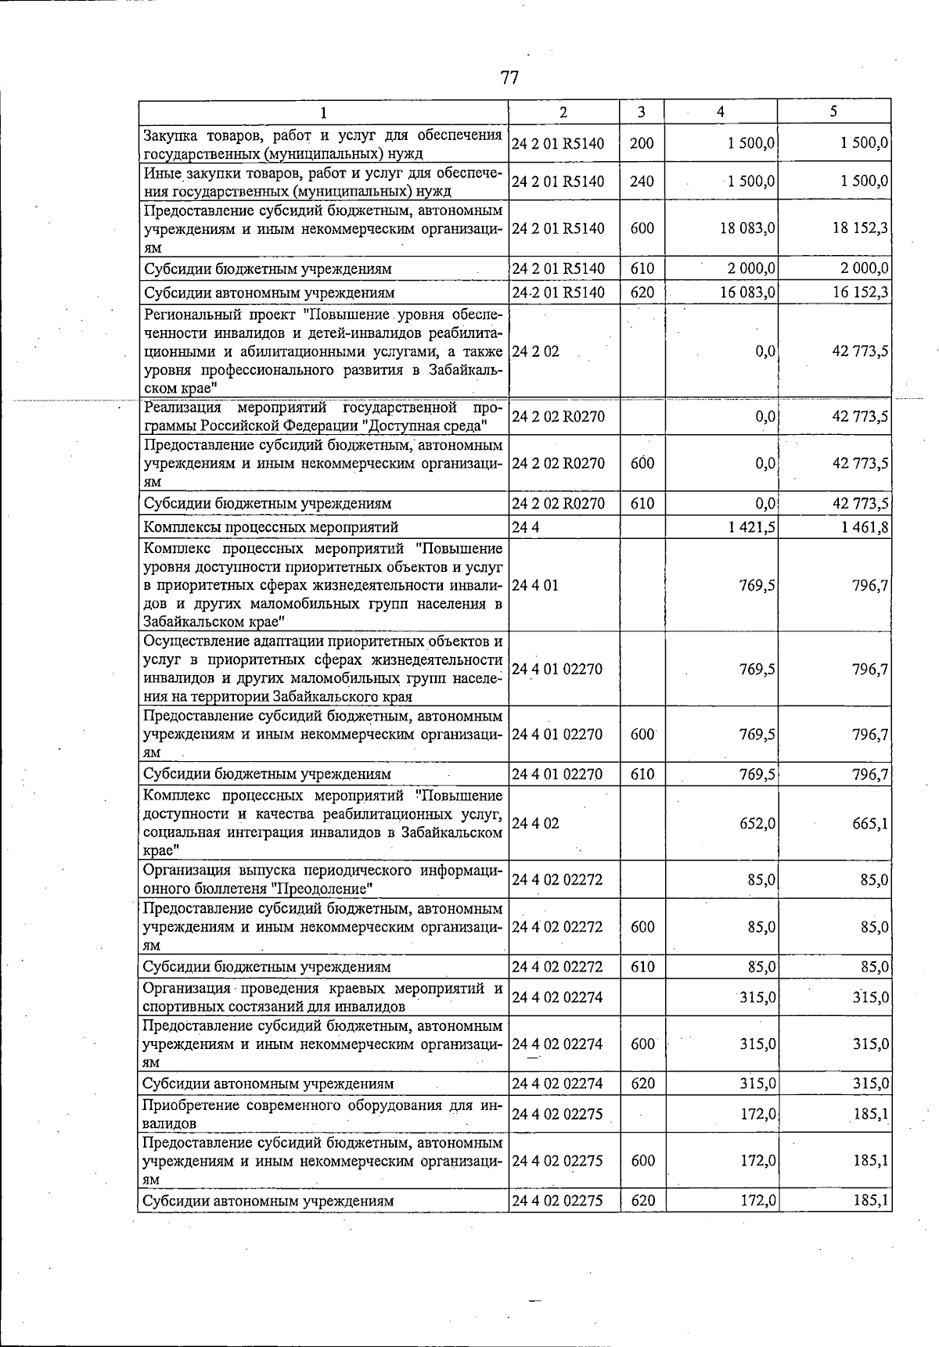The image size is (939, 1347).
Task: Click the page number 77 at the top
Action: (509, 77)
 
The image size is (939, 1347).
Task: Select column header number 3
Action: (641, 112)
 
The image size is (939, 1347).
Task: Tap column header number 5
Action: (834, 112)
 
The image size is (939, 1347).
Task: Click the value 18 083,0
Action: (747, 228)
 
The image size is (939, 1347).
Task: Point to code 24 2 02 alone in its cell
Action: (536, 351)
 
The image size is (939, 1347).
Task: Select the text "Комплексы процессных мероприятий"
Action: (271, 527)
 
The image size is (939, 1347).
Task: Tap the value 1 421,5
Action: (752, 527)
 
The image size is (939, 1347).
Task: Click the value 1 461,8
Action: (865, 527)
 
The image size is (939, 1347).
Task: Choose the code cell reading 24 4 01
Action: (536, 585)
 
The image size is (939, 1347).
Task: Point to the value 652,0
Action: (757, 824)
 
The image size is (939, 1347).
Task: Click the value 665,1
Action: (870, 824)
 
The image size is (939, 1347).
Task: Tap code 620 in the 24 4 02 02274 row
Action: (642, 1083)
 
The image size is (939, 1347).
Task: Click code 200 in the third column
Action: (642, 144)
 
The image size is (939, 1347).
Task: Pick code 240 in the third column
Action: (642, 181)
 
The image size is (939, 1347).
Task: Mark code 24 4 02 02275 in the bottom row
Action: (558, 1201)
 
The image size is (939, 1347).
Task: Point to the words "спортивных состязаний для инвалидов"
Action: (274, 1007)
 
